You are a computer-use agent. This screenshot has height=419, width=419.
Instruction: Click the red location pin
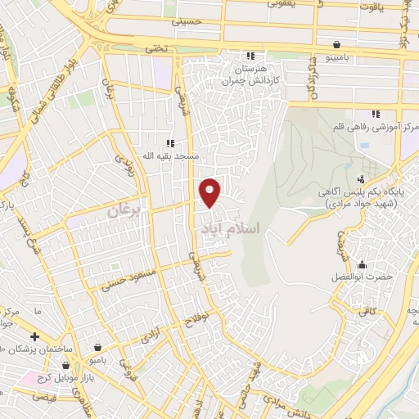tap(211, 191)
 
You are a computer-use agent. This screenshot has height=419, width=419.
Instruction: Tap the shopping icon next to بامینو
tap(337, 44)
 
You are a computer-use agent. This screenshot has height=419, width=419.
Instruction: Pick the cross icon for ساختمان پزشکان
tap(34, 336)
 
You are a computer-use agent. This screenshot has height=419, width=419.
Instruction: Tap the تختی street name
tap(155, 48)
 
